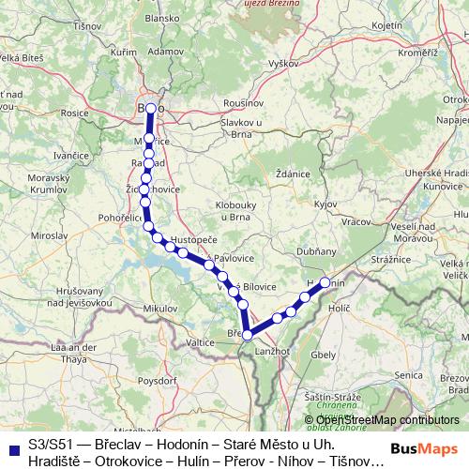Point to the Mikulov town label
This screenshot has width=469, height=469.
(159, 308)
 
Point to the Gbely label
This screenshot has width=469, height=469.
(325, 356)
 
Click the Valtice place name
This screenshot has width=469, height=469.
(201, 343)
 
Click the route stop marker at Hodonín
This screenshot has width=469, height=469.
(325, 282)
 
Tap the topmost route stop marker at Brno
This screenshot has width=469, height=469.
(150, 109)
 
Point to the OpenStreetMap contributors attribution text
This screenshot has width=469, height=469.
(386, 419)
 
